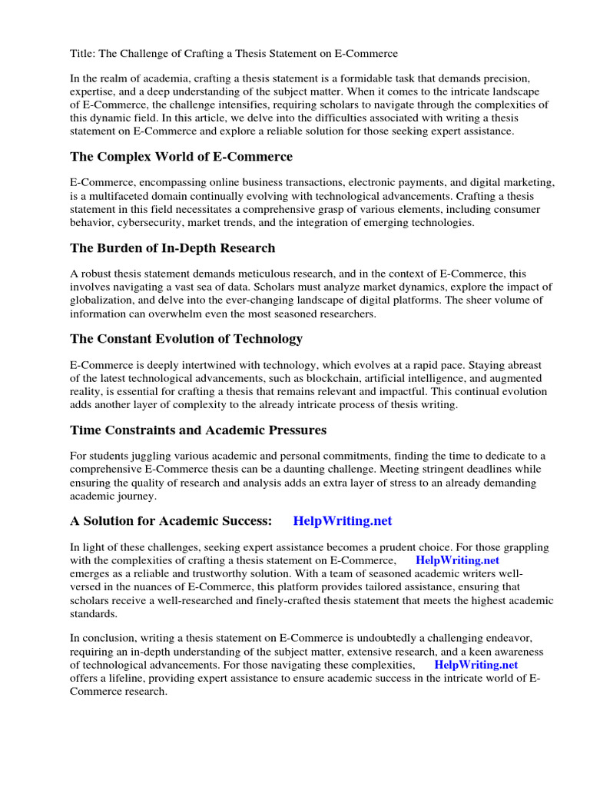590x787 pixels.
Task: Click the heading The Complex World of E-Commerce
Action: tap(181, 157)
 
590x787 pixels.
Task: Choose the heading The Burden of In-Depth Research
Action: tap(173, 248)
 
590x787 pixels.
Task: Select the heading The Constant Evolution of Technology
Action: tap(186, 339)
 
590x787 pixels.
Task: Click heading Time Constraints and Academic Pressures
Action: tap(198, 430)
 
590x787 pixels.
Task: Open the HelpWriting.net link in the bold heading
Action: tap(343, 521)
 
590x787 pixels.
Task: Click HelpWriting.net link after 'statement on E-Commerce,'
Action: tap(457, 560)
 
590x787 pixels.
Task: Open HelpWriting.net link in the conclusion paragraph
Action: tap(476, 665)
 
